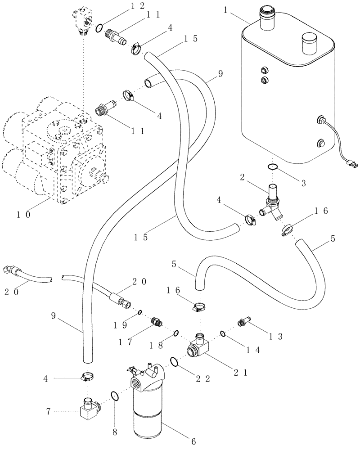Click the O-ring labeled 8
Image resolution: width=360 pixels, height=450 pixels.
click(115, 396)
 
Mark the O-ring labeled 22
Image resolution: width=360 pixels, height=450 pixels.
click(174, 361)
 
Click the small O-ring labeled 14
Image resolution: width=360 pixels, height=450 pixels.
click(223, 333)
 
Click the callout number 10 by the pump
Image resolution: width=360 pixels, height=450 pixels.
click(23, 215)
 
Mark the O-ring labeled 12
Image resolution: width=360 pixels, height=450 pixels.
click(99, 29)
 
